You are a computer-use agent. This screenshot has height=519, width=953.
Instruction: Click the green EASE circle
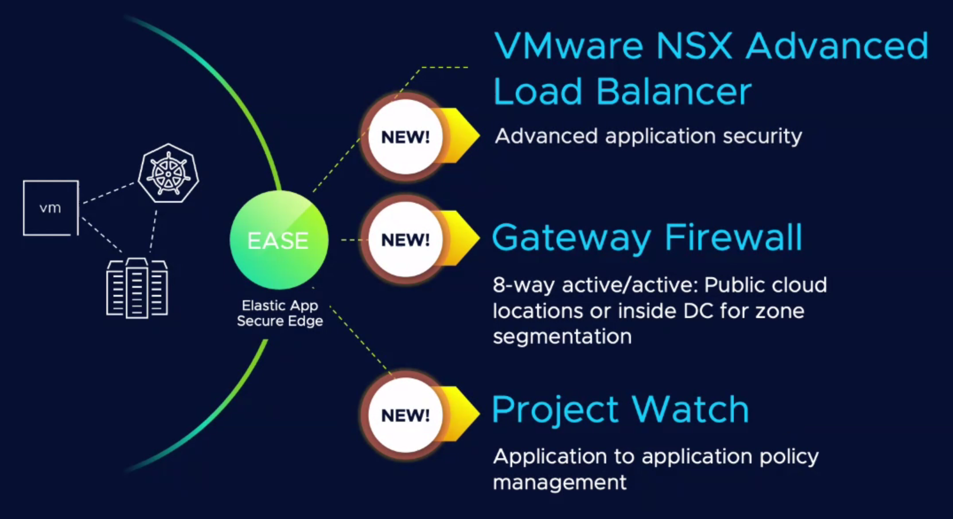click(x=279, y=240)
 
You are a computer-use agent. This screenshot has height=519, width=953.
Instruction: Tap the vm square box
click(x=51, y=207)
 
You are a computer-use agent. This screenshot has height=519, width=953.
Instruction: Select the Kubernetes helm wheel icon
click(x=168, y=173)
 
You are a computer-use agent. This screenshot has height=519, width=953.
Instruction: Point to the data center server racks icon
click(x=137, y=288)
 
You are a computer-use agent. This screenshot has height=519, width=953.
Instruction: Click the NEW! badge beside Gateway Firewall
click(x=405, y=240)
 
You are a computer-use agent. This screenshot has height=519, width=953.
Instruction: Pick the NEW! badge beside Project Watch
click(x=405, y=415)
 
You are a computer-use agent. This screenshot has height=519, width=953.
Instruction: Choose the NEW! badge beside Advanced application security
click(x=405, y=137)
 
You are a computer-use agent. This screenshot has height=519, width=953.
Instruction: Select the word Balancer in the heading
click(x=674, y=91)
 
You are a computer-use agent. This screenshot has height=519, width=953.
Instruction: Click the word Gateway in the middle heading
click(x=571, y=238)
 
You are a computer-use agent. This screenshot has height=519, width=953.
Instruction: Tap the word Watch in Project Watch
click(x=690, y=409)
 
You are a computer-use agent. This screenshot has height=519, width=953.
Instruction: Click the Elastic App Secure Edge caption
click(x=279, y=313)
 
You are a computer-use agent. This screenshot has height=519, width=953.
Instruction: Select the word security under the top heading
click(x=762, y=137)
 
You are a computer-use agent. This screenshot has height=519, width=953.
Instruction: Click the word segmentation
click(x=562, y=336)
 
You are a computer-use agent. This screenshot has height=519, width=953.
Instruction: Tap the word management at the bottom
click(x=560, y=482)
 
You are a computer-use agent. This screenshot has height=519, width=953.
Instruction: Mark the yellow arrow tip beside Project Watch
click(x=480, y=413)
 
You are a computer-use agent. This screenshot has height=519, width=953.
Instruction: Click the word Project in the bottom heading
click(x=555, y=410)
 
